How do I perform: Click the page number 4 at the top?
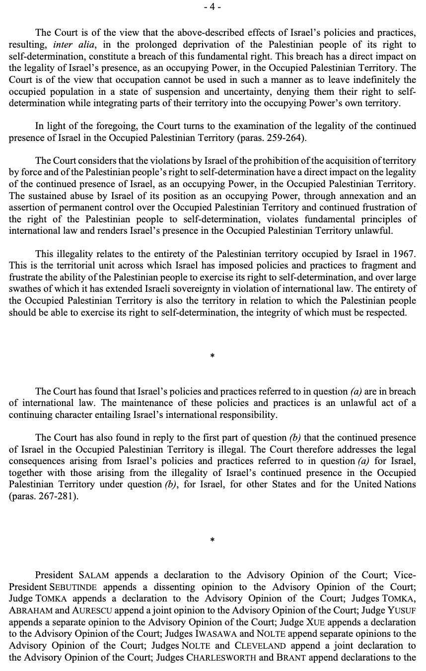(213, 7)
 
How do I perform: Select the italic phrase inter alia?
(72, 44)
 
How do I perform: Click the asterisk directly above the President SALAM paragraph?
(213, 539)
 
